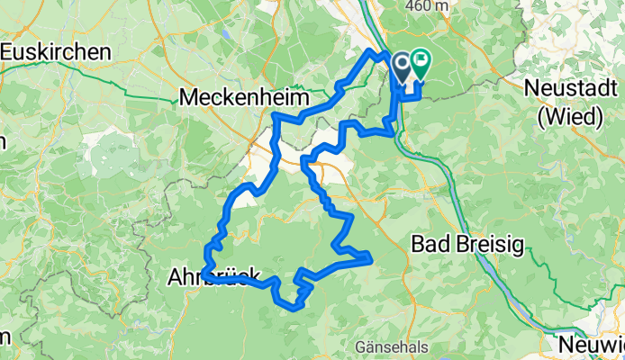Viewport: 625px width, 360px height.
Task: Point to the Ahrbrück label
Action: tap(214, 278)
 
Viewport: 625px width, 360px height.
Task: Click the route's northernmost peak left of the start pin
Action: tap(370, 54)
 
